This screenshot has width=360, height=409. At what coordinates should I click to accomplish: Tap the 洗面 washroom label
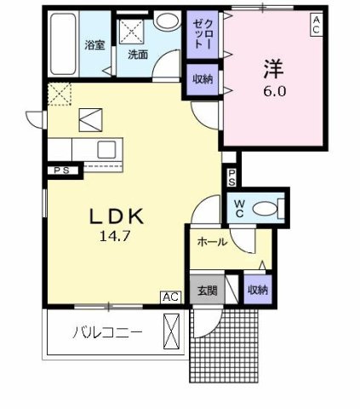point(138,54)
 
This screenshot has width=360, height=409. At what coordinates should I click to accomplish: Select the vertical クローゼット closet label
point(198,34)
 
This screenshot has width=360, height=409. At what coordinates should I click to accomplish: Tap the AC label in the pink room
point(316,25)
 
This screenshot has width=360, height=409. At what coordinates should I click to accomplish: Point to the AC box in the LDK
point(169,297)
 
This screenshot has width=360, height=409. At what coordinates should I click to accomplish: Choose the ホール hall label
point(211,242)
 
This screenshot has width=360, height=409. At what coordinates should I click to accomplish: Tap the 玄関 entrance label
point(208,290)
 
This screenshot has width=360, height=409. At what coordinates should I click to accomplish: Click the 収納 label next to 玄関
point(257,290)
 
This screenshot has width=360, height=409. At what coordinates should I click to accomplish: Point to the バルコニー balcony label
point(106,331)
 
